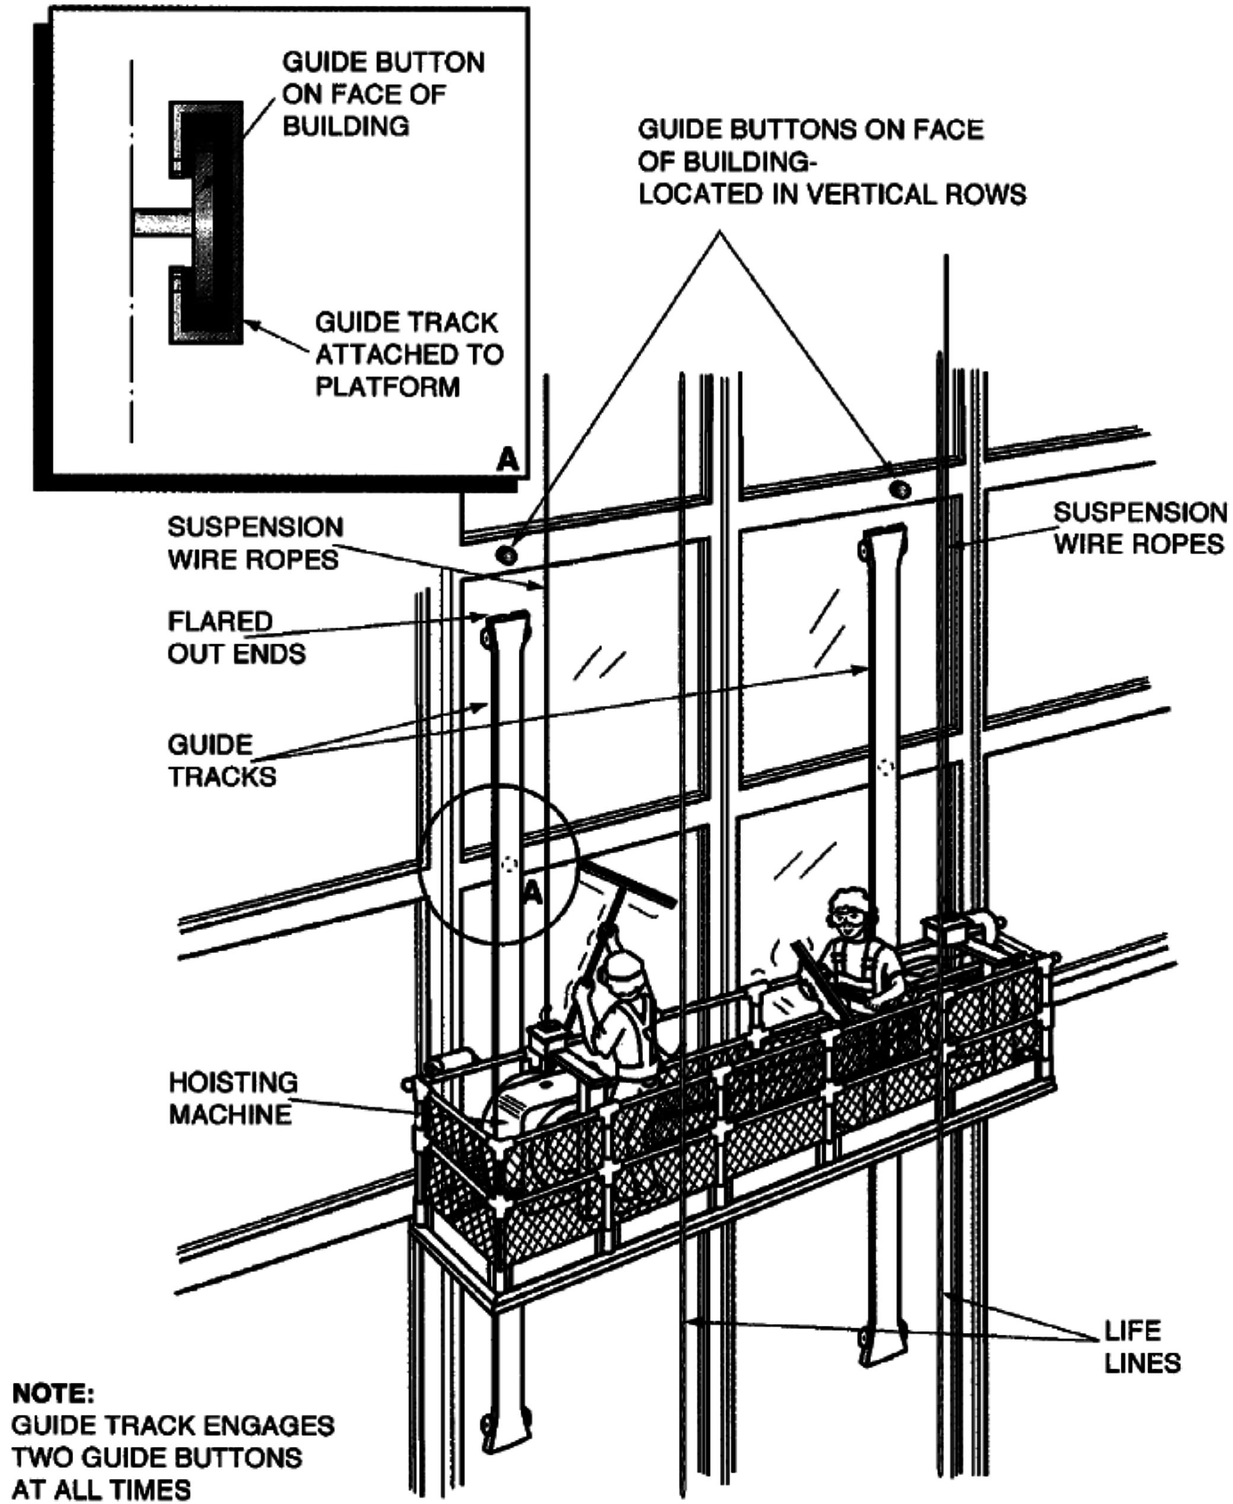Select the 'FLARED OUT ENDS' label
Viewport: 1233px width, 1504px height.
pos(237,637)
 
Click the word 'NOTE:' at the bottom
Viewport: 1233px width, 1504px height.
pos(53,1393)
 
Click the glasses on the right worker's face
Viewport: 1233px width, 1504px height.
pos(849,917)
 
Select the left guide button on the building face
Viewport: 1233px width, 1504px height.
pos(507,554)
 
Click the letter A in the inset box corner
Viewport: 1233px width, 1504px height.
pos(507,460)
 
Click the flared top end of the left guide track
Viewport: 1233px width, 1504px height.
pos(507,625)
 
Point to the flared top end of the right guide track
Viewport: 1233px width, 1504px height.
pos(884,539)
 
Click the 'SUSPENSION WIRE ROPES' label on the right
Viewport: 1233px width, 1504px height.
pos(1139,528)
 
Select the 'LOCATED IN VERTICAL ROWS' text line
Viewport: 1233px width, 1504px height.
pos(831,194)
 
